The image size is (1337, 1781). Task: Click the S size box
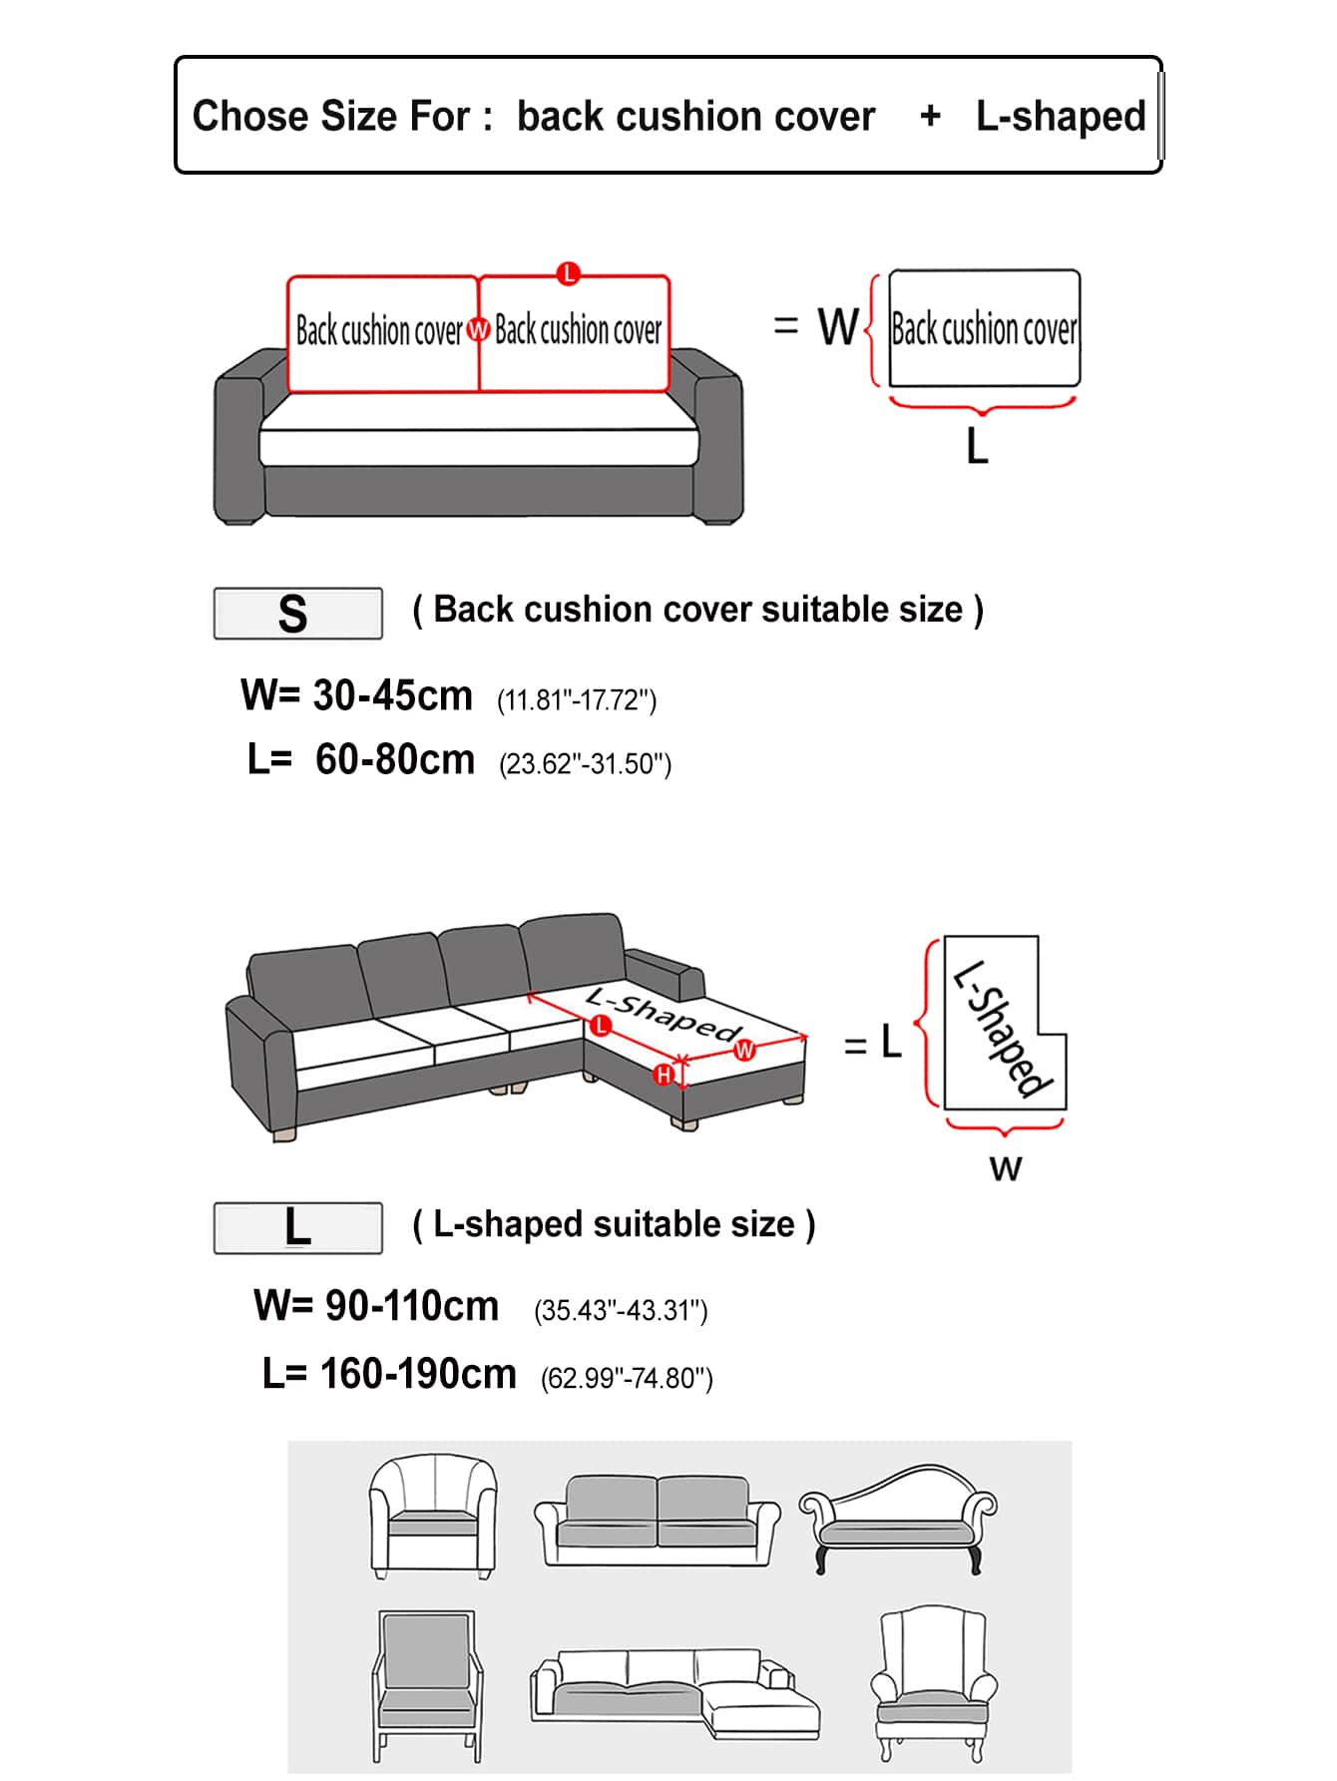click(297, 614)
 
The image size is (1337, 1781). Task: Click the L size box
click(297, 1227)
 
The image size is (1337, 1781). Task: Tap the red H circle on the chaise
click(664, 1075)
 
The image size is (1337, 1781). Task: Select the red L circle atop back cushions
click(569, 273)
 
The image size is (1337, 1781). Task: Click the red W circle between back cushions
click(479, 329)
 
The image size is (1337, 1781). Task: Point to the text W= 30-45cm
click(356, 695)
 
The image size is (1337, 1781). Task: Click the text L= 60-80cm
click(361, 760)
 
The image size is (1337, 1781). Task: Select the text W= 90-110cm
click(376, 1306)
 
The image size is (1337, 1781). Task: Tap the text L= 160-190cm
click(389, 1374)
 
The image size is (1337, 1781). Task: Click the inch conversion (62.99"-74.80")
click(627, 1378)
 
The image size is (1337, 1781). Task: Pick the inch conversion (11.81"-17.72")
click(577, 700)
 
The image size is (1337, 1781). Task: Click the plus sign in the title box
click(930, 117)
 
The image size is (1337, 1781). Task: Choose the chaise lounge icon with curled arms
click(898, 1517)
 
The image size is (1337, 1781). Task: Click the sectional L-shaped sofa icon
click(674, 1694)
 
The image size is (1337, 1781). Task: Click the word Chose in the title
click(238, 117)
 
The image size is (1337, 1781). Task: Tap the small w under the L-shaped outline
click(1006, 1167)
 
